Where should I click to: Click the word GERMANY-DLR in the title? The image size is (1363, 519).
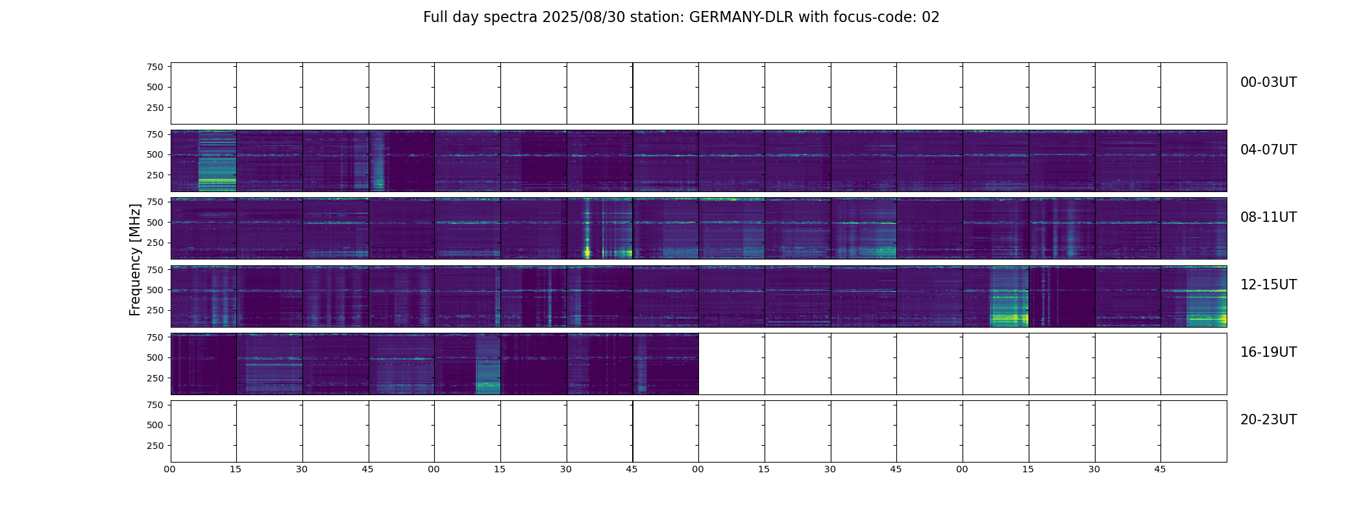[741, 18]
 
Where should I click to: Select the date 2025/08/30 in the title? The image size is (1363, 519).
[573, 18]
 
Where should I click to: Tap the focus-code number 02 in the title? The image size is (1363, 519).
[930, 18]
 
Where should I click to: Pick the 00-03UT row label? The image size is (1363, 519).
[1268, 82]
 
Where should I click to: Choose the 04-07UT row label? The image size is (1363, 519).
[1268, 150]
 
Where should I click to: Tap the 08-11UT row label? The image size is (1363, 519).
[1268, 217]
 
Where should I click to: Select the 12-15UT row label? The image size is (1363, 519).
[1268, 285]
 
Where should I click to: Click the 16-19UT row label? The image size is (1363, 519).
[1268, 352]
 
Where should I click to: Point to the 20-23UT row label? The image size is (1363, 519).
[1268, 420]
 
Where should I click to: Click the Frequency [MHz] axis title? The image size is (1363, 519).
[135, 259]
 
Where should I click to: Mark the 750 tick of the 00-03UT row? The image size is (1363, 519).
[155, 67]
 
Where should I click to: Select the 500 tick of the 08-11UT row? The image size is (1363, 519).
[155, 223]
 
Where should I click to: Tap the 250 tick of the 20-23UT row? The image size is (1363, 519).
[155, 446]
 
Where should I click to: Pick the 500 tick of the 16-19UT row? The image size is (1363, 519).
[155, 357]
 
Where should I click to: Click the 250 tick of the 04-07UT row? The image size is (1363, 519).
[155, 175]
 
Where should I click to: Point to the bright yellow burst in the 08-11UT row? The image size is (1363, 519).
[587, 250]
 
